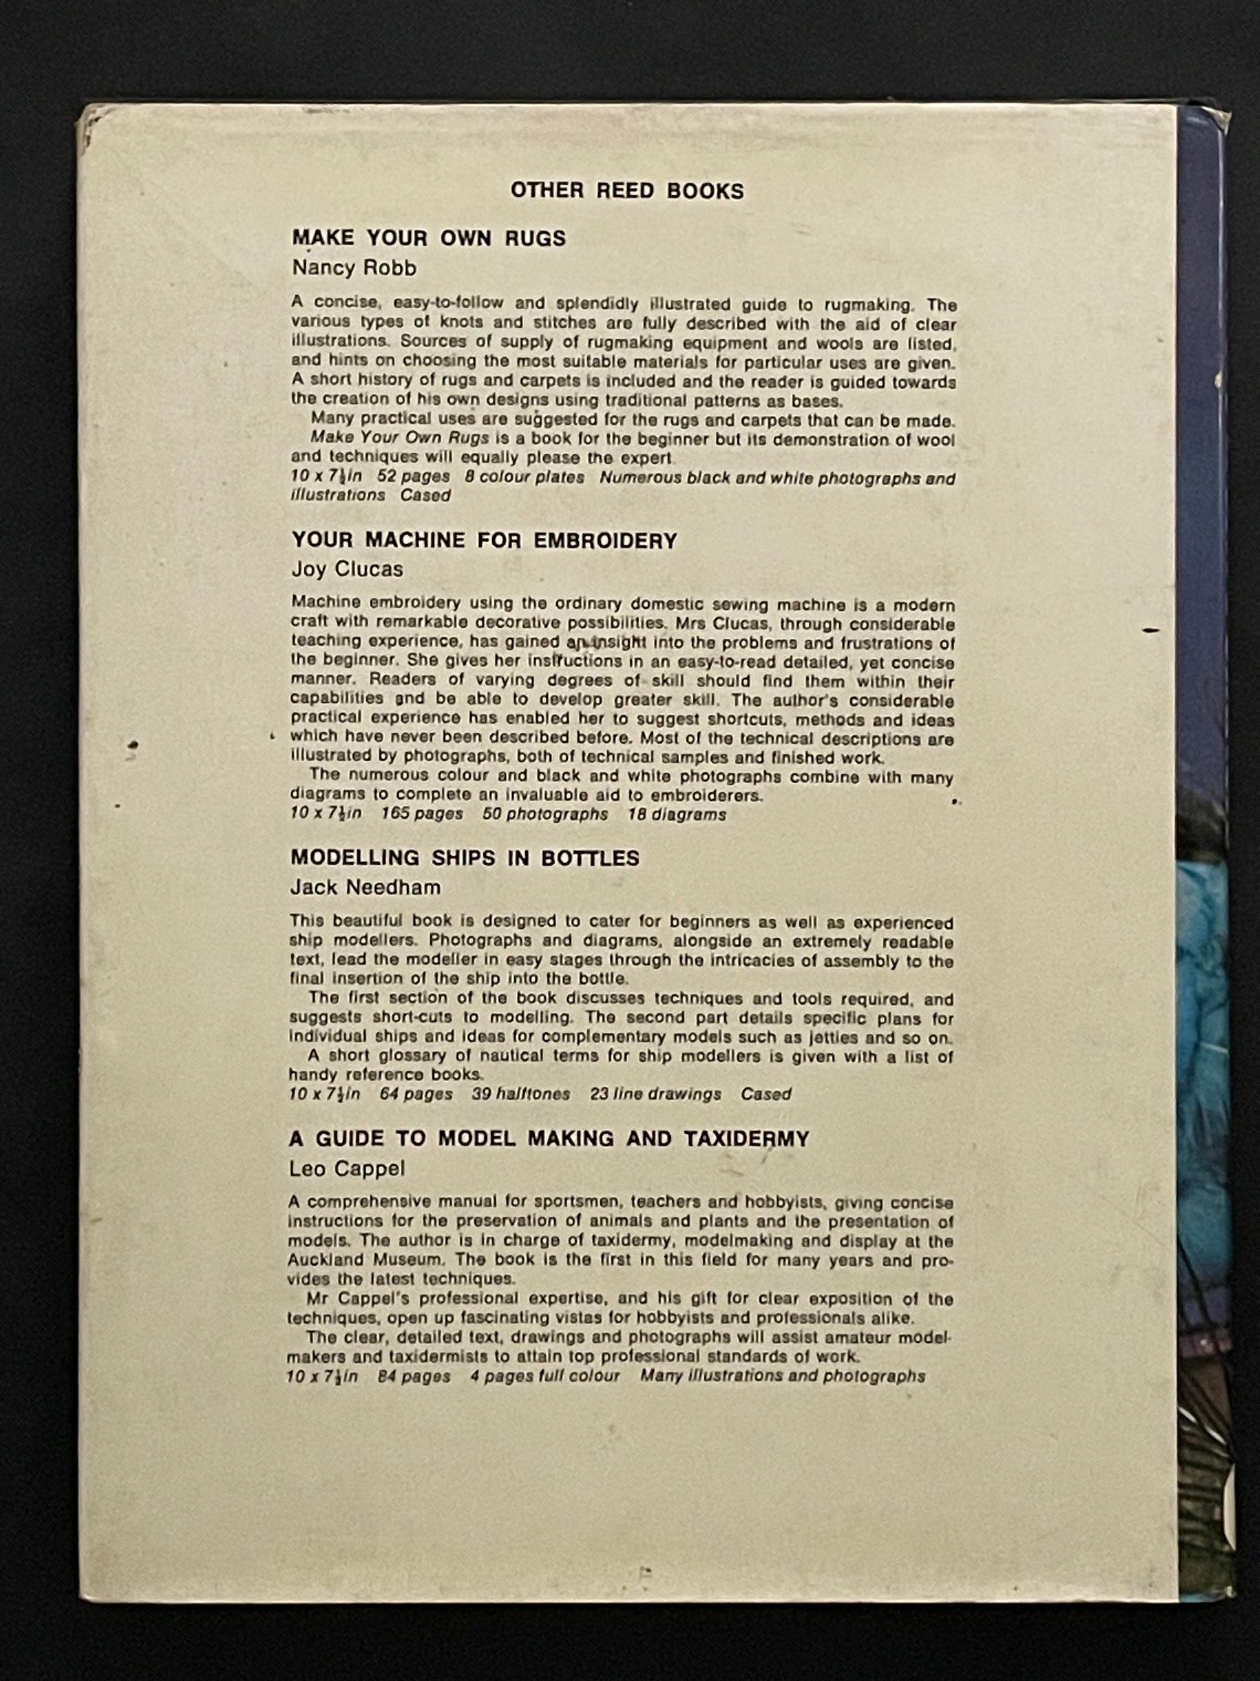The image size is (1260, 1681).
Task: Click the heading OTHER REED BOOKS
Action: point(627,190)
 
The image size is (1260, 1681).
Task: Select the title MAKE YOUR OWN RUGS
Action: point(429,238)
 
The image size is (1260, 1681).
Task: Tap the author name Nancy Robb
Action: point(354,268)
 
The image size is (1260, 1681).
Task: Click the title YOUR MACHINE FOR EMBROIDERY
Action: point(484,540)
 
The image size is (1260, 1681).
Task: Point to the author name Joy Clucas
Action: point(347,569)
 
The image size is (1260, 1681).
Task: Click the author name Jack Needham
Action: point(365,887)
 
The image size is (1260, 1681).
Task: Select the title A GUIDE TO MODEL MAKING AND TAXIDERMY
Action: point(549,1138)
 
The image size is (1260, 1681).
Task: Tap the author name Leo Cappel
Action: point(346,1168)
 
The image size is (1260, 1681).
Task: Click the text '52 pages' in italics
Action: point(413,477)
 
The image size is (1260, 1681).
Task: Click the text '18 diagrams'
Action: point(677,814)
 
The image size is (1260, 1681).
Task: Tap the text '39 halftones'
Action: point(532,1094)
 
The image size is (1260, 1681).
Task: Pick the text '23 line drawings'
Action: point(655,1094)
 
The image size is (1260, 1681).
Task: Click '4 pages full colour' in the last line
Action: point(545,1377)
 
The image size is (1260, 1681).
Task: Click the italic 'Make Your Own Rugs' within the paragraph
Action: point(399,439)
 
